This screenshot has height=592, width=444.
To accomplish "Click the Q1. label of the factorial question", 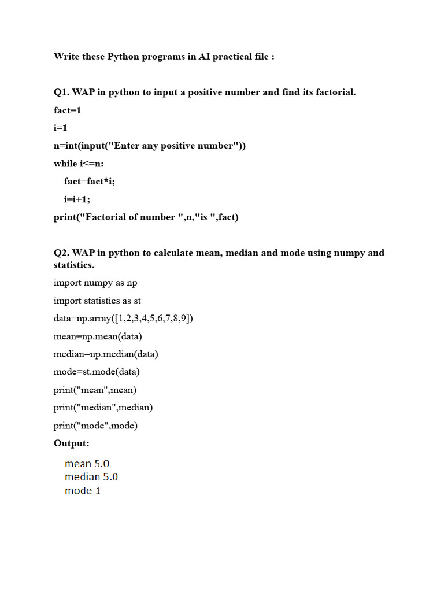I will coord(61,92).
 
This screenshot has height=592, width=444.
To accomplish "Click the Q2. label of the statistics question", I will coord(61,253).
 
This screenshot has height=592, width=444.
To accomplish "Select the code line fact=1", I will coord(68,110).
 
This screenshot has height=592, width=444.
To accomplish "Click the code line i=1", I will coord(61,128).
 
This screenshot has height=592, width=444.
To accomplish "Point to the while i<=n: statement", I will coord(79,164).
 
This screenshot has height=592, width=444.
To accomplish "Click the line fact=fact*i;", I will coord(90,182).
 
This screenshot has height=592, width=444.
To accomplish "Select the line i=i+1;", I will coord(77,199).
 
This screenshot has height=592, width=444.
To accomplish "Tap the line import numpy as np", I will coord(95,283).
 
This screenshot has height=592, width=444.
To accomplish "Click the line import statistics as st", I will coord(97,301).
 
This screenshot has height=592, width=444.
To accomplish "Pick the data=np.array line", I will coord(123,319).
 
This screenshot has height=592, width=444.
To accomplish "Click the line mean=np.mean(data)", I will coord(98,336).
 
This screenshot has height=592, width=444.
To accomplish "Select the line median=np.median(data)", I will coord(106,354).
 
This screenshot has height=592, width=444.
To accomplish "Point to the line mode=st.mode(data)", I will coord(97,372).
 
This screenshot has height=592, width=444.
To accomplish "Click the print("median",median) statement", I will coord(103,408).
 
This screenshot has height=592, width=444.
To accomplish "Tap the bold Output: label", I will coord(72,443).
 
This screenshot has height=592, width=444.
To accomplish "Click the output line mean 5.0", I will coord(87,464).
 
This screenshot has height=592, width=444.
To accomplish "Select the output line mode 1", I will coord(82,491).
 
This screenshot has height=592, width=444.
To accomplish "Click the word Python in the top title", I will coord(122,57).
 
